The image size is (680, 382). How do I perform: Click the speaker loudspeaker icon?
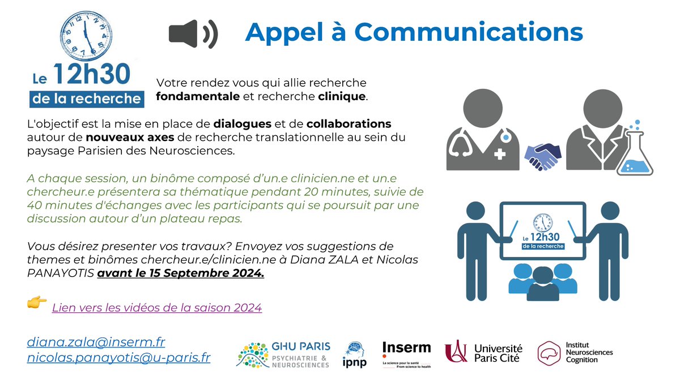tap(193, 33)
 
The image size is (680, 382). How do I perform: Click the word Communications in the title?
tap(480, 32)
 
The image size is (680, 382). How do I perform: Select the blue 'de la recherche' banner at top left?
tap(86, 98)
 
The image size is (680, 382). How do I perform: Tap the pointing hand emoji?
tap(37, 304)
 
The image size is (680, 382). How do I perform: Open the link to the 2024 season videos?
tap(156, 308)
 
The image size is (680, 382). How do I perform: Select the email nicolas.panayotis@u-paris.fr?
tap(118, 358)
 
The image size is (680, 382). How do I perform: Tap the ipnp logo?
tap(355, 355)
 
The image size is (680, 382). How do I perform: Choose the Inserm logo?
tap(406, 354)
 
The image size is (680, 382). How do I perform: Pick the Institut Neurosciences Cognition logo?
tap(575, 353)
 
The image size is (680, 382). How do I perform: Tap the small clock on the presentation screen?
tap(542, 222)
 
